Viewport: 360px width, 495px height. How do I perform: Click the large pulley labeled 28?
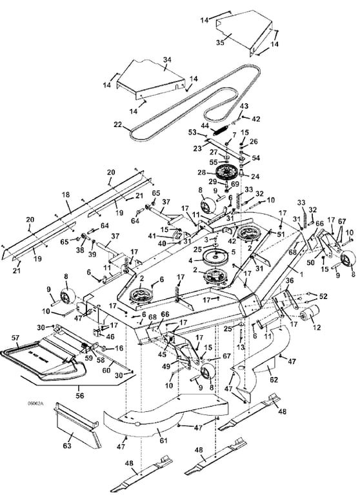click(x=226, y=174)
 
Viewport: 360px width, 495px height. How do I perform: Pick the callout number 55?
click(x=214, y=163)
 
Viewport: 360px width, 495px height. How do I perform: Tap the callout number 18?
click(x=65, y=194)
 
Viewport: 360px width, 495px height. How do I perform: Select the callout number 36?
click(x=271, y=281)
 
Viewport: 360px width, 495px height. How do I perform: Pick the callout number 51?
click(x=280, y=235)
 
